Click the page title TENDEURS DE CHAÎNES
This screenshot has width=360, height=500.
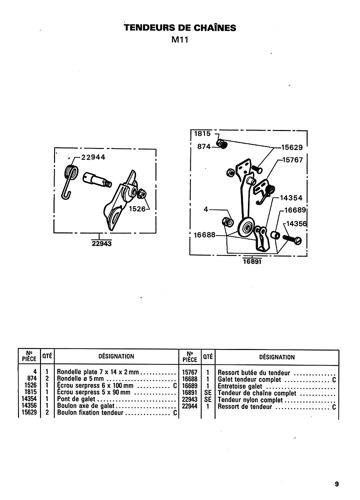pyautogui.click(x=180, y=28)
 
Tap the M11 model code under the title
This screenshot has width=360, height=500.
pyautogui.click(x=180, y=40)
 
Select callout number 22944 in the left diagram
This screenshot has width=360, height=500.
pyautogui.click(x=93, y=157)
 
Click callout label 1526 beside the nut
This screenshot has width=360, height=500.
pyautogui.click(x=137, y=209)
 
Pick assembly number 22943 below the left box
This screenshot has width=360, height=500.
pyautogui.click(x=102, y=243)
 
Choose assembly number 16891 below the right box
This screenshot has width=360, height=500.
pyautogui.click(x=252, y=261)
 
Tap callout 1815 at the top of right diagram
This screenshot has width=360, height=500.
pyautogui.click(x=202, y=134)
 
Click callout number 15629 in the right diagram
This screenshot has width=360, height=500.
pyautogui.click(x=292, y=147)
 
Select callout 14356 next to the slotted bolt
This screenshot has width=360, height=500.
pyautogui.click(x=297, y=224)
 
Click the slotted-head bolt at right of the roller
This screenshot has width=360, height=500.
pyautogui.click(x=292, y=239)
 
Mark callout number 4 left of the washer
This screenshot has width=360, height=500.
pyautogui.click(x=206, y=209)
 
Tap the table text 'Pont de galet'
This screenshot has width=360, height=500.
pyautogui.click(x=76, y=399)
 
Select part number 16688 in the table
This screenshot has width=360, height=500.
pyautogui.click(x=190, y=379)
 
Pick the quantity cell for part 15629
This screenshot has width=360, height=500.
pyautogui.click(x=47, y=412)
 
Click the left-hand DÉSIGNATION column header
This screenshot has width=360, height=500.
pyautogui.click(x=116, y=356)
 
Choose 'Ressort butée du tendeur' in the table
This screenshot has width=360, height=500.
pyautogui.click(x=254, y=373)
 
